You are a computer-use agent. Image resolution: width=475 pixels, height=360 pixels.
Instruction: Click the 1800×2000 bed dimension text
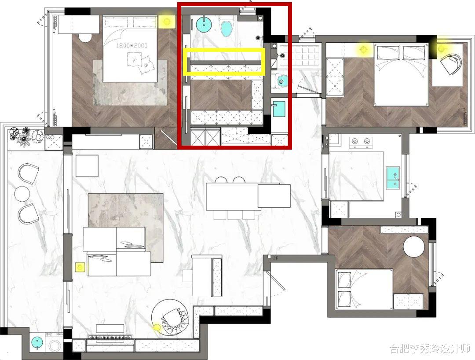(x=132, y=46)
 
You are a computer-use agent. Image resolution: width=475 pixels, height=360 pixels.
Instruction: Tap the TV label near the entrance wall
(x=275, y=258)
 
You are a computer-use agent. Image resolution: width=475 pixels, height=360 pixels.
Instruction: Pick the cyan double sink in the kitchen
(x=393, y=177)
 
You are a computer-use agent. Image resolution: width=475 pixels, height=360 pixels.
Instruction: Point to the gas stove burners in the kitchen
(x=360, y=141)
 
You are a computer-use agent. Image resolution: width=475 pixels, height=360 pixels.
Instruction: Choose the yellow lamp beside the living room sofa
(x=80, y=267)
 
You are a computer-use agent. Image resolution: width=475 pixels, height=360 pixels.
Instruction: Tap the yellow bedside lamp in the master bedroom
(x=166, y=21)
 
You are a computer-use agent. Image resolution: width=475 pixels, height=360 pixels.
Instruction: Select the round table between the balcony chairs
(x=22, y=194)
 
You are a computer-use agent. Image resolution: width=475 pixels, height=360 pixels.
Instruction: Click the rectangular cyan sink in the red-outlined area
(x=279, y=109)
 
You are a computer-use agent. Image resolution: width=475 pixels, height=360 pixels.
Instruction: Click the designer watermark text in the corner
(x=430, y=349)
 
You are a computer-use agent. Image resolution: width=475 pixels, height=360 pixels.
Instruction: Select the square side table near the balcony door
(x=87, y=166)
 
